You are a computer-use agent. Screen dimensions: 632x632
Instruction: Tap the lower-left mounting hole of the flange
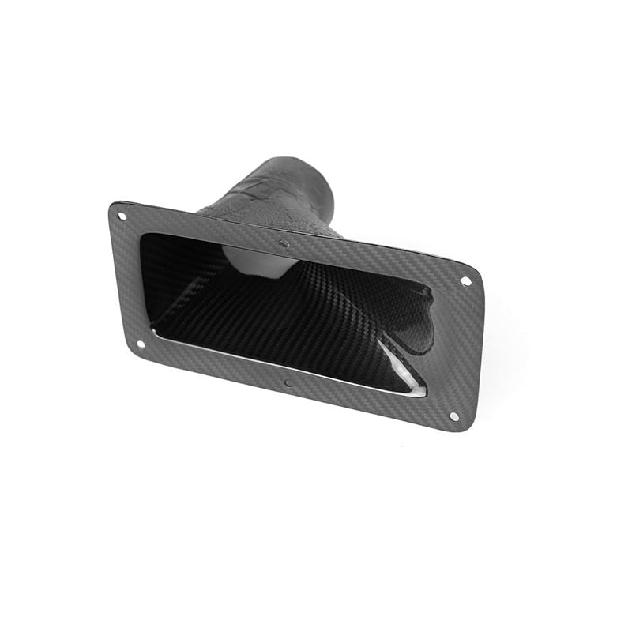(140, 344)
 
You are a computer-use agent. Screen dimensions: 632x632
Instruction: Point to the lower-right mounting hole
(453, 416)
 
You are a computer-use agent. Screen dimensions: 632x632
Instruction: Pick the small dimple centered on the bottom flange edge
(288, 385)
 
